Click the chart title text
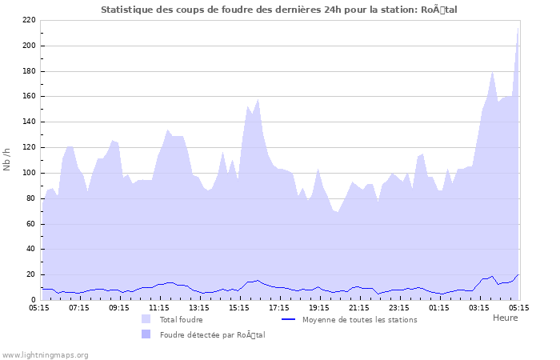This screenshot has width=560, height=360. (279, 9)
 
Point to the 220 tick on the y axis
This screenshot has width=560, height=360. (29, 20)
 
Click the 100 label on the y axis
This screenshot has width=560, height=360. (29, 173)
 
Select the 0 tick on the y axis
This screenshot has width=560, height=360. (33, 300)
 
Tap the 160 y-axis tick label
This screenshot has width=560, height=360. (29, 97)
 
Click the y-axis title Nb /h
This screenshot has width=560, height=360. (7, 160)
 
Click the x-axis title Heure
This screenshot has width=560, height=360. (505, 318)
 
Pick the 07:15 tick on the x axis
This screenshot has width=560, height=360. (79, 307)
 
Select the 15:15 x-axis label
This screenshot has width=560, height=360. (239, 307)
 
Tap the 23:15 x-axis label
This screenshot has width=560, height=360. (399, 307)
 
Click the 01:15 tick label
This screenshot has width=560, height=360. (439, 307)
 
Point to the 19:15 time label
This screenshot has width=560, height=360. (319, 307)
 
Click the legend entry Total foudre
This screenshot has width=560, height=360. (181, 319)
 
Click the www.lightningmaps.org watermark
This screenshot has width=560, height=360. (45, 354)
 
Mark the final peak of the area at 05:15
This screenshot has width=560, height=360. (518, 27)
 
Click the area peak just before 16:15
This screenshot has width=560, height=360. (258, 100)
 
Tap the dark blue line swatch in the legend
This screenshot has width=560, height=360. (289, 319)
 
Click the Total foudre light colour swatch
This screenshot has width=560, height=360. (146, 319)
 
